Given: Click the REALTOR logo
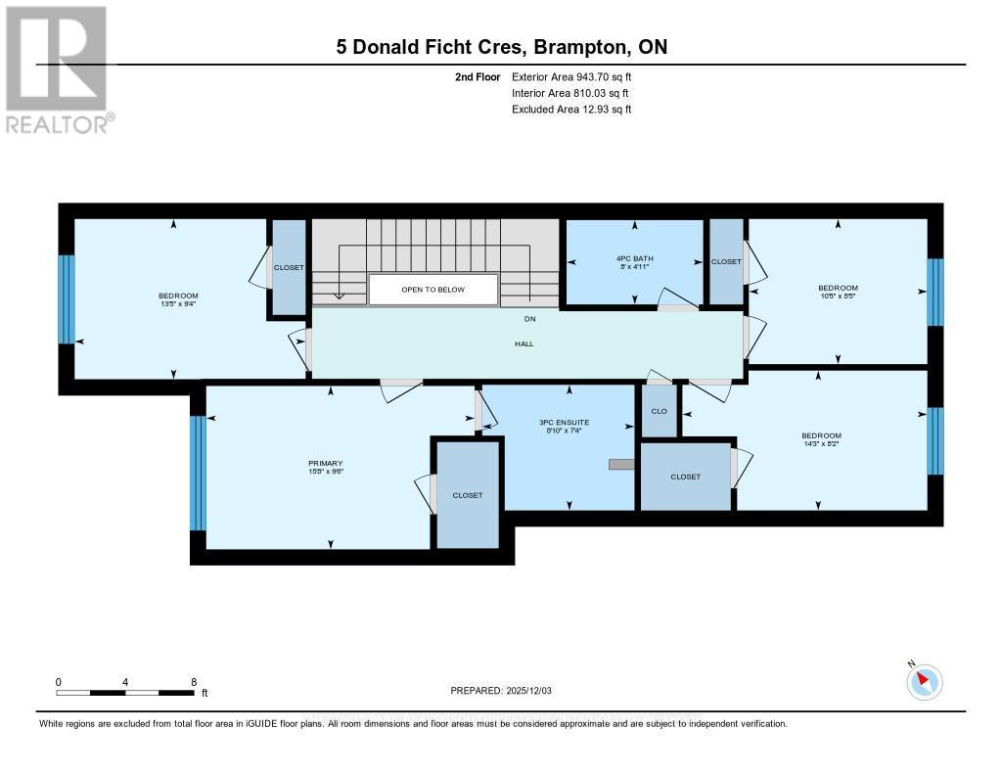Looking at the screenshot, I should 57,68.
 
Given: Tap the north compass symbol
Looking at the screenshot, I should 924,681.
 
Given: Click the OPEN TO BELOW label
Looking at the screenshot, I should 433,290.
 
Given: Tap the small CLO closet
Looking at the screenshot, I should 659,411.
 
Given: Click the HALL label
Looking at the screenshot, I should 524,343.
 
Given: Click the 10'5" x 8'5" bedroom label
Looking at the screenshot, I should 837,292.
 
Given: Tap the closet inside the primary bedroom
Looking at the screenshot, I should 467,495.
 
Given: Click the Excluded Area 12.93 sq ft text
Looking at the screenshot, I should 571,110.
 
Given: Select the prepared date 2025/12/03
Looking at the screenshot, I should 500,691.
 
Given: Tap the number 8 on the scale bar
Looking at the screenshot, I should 194,682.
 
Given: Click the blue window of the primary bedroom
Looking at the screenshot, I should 198,473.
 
